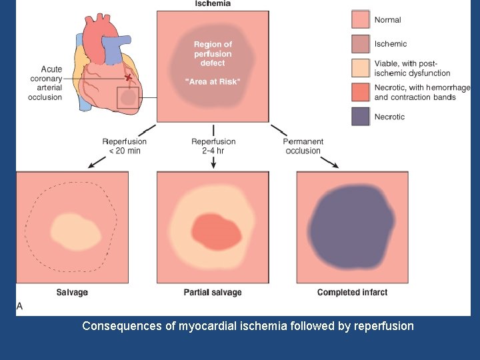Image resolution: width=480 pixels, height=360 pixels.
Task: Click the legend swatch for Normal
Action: coord(360,20)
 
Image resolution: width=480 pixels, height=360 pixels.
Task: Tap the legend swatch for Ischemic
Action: coord(360,44)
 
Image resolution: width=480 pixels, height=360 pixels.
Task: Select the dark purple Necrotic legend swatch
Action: coord(360,117)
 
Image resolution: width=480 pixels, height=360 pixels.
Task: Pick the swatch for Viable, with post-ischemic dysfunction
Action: coord(360,68)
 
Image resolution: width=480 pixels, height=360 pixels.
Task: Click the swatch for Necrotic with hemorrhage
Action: coord(360,92)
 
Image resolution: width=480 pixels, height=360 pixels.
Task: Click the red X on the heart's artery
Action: coord(129,77)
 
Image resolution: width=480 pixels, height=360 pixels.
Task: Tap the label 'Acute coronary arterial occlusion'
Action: coord(45,83)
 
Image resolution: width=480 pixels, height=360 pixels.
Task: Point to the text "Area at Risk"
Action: coord(213,81)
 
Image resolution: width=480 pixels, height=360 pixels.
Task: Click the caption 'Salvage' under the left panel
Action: coord(72,293)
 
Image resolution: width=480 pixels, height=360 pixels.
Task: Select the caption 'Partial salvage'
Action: coord(213,293)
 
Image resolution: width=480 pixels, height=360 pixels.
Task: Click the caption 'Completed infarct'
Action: coord(352,293)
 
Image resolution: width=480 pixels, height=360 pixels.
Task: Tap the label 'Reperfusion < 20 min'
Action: coord(124,146)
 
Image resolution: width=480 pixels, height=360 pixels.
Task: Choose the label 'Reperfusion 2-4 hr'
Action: coord(213,146)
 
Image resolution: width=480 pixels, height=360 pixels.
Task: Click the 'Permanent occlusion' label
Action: coord(303,146)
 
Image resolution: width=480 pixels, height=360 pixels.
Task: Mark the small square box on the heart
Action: coord(127,98)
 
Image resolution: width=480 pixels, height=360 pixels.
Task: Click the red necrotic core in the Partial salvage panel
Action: coord(216,231)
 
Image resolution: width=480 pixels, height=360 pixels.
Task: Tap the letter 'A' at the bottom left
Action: coord(19,306)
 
